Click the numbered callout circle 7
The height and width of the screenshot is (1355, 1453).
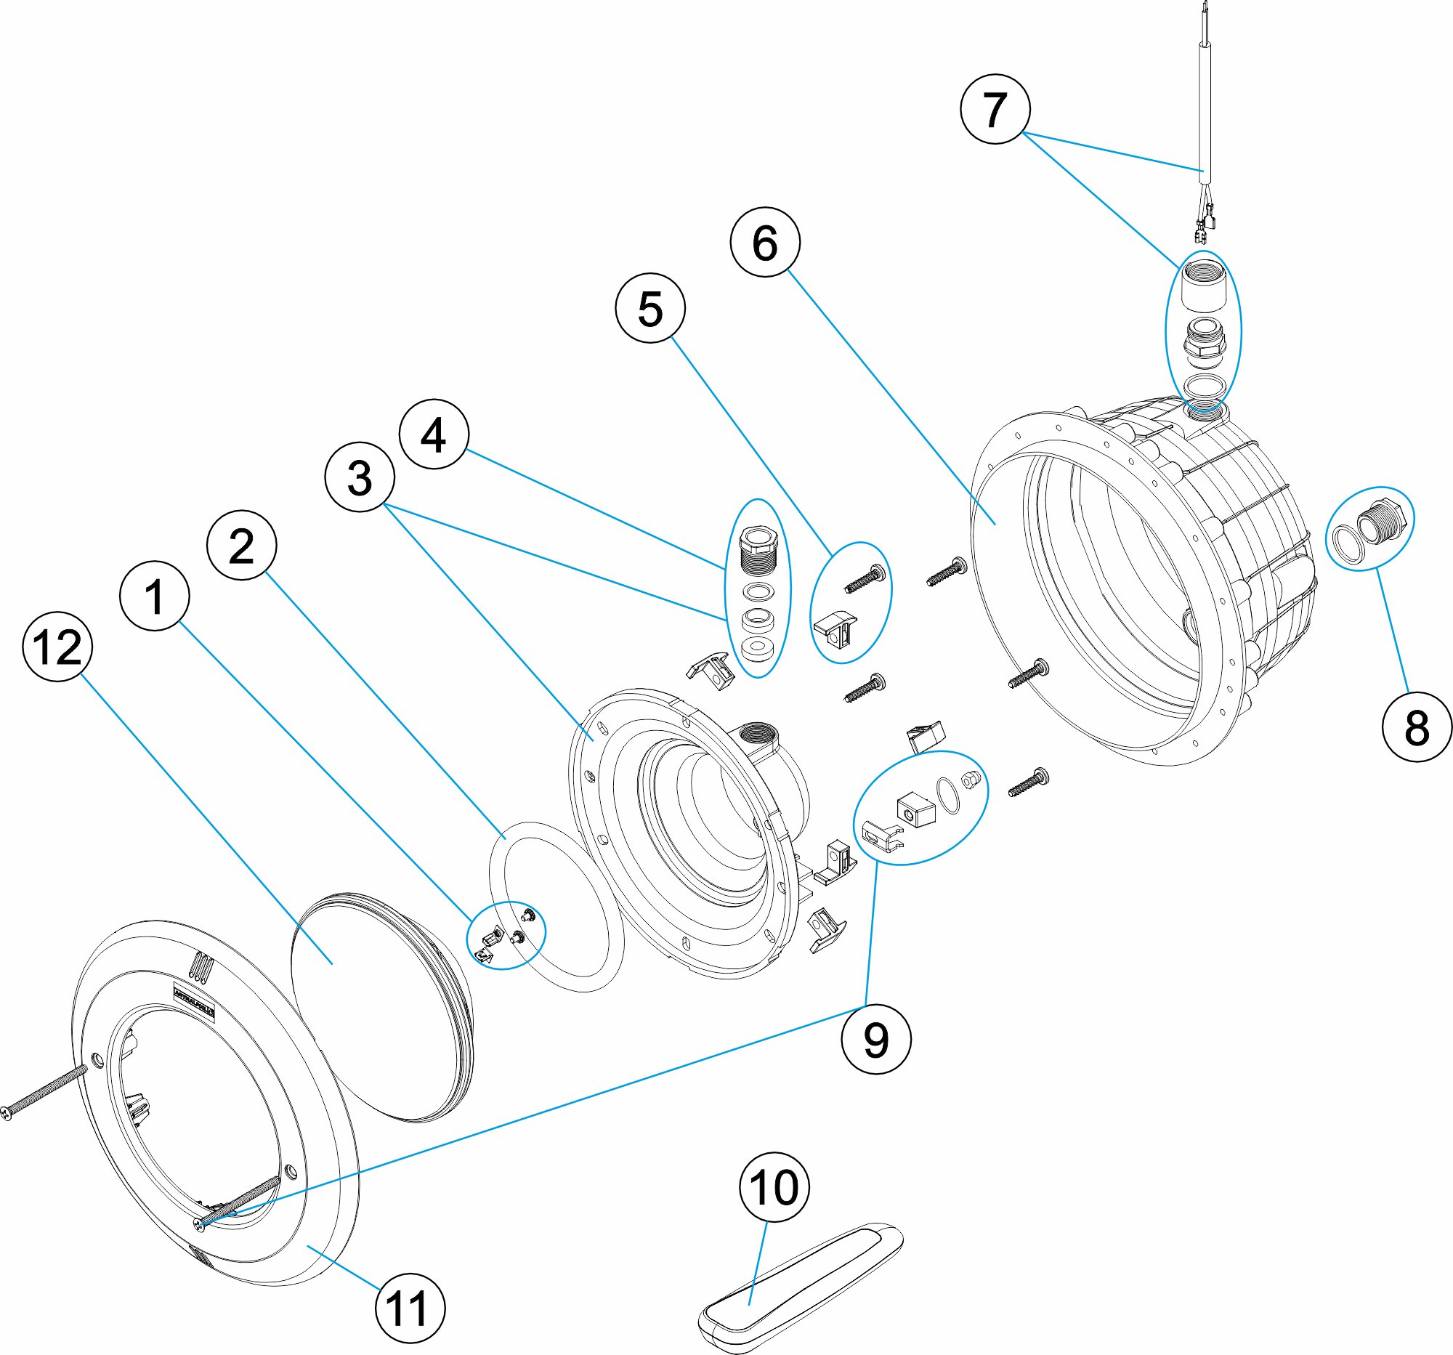point(995,108)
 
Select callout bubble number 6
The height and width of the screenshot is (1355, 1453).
point(764,242)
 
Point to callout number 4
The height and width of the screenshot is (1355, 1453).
point(434,434)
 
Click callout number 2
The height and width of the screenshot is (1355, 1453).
point(241,545)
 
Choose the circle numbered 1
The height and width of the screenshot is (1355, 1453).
point(154,596)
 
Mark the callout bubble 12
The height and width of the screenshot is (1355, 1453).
point(57,647)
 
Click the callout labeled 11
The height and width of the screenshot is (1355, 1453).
point(409,1309)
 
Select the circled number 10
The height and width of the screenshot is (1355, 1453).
point(774,1188)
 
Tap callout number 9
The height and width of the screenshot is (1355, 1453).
point(875,1039)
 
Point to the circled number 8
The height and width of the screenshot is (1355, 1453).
point(1417,727)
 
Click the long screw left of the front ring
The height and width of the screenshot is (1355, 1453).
point(44,1091)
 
